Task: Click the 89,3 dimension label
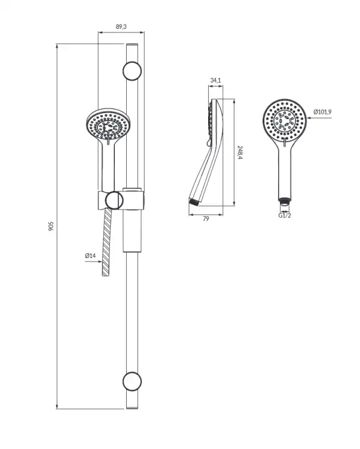coord(121,26)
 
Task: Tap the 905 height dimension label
coord(51,226)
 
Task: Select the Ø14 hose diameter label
coord(90,256)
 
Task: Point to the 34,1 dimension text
coord(216,80)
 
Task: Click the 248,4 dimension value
coord(240,152)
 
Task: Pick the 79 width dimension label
coord(206,219)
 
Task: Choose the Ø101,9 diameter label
coord(322,112)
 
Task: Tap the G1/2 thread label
coord(285,216)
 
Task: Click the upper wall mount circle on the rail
coord(132,71)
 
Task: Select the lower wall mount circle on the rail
coord(132,381)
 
